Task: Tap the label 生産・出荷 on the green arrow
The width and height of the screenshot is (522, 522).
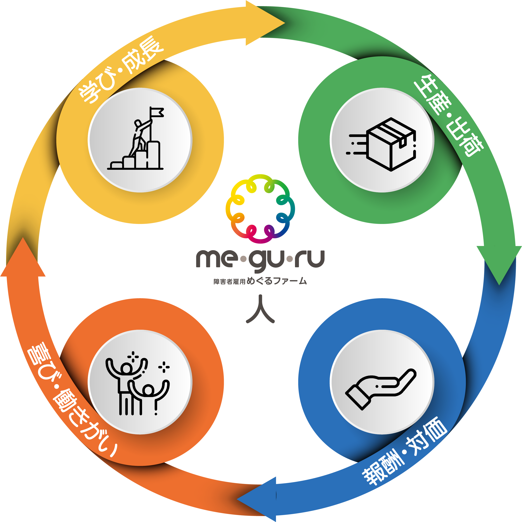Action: click(449, 115)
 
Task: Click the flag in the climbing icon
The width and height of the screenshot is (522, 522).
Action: click(157, 112)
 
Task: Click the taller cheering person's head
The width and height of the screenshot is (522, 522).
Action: click(126, 368)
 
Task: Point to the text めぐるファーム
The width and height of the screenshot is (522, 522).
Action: click(277, 281)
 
